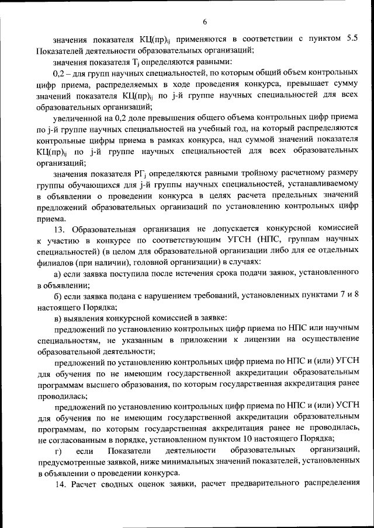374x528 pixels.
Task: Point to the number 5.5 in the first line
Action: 353,39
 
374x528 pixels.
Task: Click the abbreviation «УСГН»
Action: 345,405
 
